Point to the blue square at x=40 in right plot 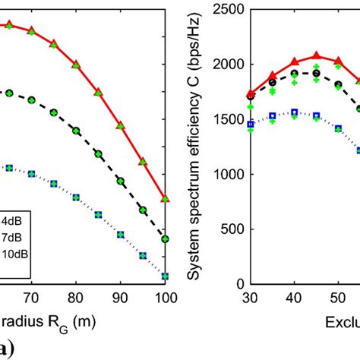[295, 112]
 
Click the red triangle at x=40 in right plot [295, 62]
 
